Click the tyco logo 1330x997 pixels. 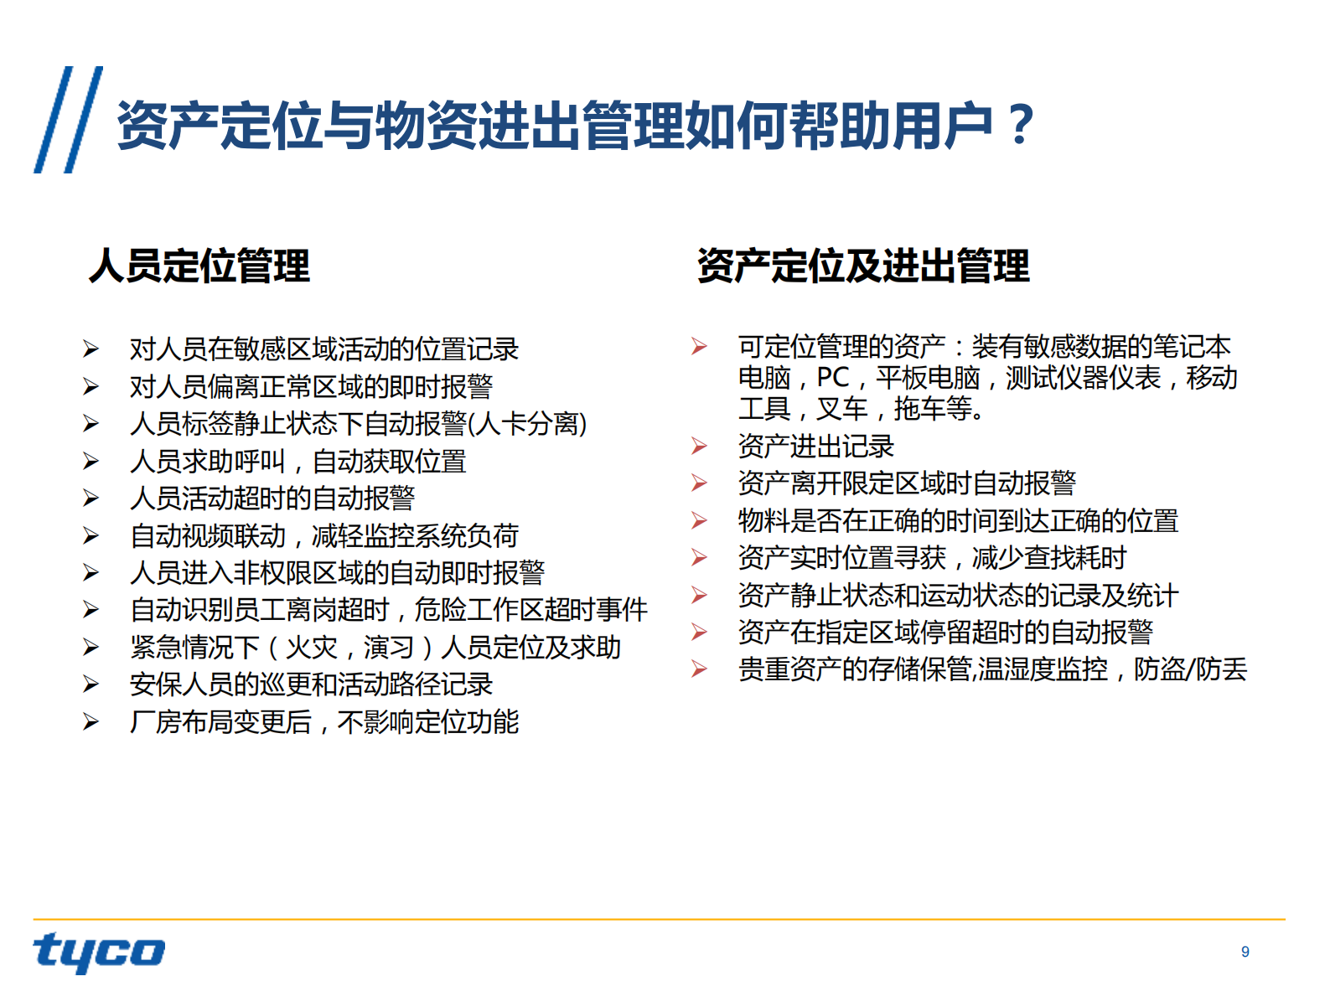(x=99, y=952)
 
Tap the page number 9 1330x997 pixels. (x=1245, y=952)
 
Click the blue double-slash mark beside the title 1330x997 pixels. (x=68, y=120)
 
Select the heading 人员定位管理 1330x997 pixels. (x=199, y=266)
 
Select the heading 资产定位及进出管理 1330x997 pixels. (x=863, y=266)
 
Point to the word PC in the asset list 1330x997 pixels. (x=832, y=378)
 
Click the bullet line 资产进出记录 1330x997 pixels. (x=815, y=447)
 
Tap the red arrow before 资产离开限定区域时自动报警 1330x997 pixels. (x=699, y=483)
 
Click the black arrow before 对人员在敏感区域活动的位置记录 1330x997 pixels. (x=91, y=349)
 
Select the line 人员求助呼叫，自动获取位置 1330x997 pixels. (x=298, y=462)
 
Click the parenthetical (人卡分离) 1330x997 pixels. (x=527, y=424)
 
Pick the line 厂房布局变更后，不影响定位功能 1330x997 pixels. (x=324, y=722)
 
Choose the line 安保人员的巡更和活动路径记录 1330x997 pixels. (x=311, y=685)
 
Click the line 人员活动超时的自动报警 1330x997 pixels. (x=272, y=498)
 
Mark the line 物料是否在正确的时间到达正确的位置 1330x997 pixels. (x=958, y=521)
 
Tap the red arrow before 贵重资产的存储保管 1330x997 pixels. (x=699, y=669)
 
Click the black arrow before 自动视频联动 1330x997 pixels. (x=91, y=536)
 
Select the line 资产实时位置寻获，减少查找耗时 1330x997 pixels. (x=932, y=558)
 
